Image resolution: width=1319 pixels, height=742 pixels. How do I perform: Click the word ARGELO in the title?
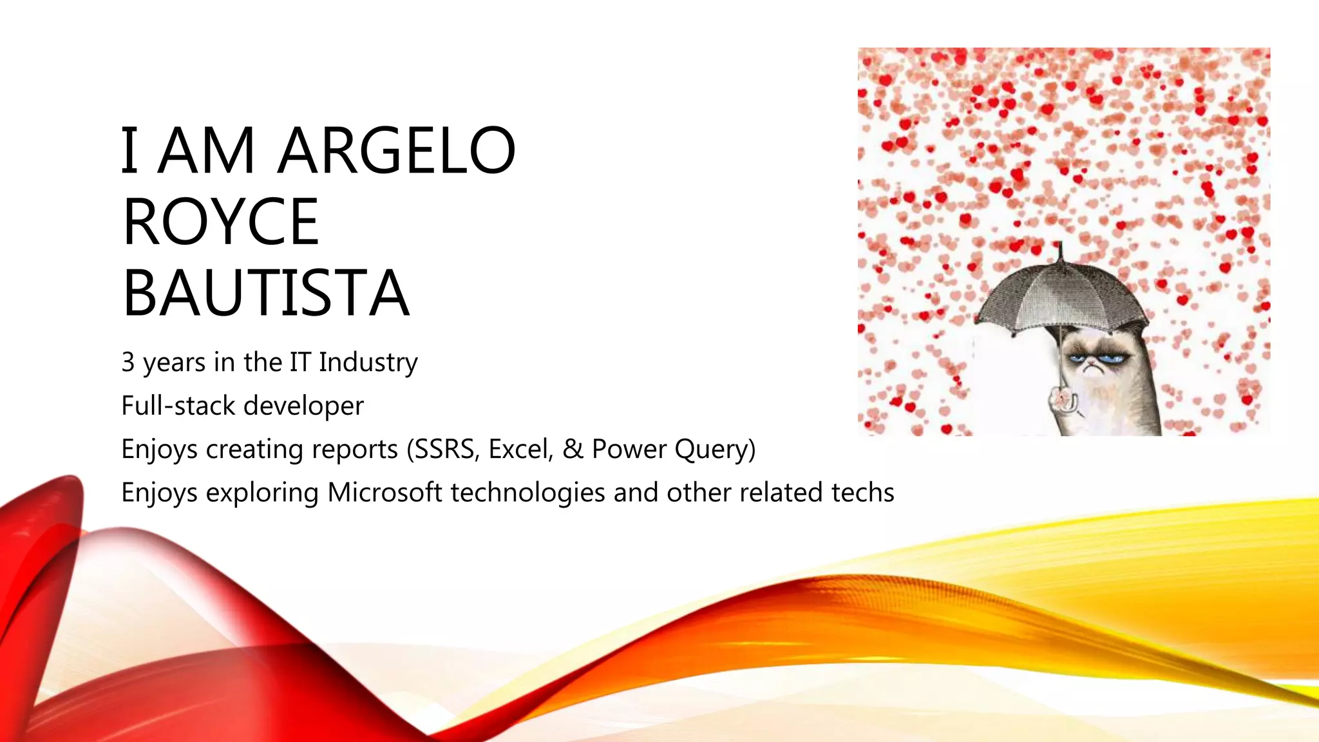[396, 151]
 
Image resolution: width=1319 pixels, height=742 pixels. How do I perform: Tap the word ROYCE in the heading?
[221, 222]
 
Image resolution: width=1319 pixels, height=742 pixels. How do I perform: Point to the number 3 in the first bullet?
[128, 363]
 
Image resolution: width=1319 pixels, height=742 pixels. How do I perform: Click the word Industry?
[368, 363]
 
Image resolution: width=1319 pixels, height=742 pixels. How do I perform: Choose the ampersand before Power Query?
[573, 449]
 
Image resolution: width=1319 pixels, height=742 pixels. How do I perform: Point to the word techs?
[862, 493]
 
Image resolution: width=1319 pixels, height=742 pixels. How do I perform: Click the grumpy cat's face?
[1094, 363]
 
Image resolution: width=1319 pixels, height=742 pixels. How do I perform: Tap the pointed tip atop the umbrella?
[1059, 245]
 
